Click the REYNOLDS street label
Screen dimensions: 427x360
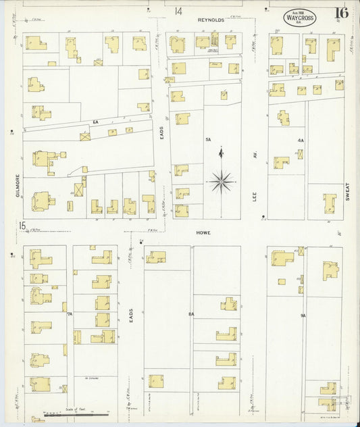click(x=210, y=20)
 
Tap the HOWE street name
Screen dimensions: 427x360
click(x=204, y=232)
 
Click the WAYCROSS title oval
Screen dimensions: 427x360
click(x=299, y=18)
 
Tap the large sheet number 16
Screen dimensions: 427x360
click(x=340, y=13)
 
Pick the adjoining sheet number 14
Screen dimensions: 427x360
click(x=178, y=11)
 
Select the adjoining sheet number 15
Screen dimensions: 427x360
click(x=23, y=226)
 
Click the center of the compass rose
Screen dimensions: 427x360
click(x=222, y=180)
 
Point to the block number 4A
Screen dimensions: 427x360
click(x=301, y=140)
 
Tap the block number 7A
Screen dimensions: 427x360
click(x=70, y=313)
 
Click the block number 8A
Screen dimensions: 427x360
click(x=191, y=313)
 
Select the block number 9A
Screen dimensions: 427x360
click(x=303, y=313)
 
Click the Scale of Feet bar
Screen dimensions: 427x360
click(x=74, y=413)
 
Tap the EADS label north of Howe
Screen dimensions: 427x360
click(x=162, y=135)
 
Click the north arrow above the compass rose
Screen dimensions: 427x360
click(x=222, y=154)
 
